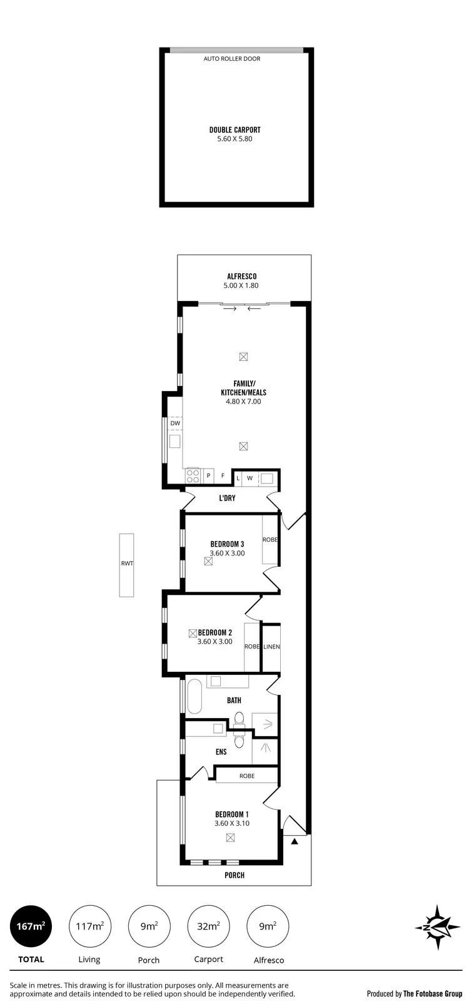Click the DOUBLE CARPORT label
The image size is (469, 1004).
coord(234,130)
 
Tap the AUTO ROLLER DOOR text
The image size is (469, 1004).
coord(232,59)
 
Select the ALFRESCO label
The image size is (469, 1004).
coord(241,276)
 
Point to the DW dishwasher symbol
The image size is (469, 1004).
coord(175,423)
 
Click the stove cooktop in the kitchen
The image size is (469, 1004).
coord(192,475)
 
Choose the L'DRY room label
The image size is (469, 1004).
coord(227,499)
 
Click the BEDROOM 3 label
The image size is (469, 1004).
coord(227,544)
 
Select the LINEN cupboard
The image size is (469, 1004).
coord(271,647)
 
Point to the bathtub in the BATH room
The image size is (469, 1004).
coord(194,697)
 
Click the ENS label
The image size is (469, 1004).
coord(221,752)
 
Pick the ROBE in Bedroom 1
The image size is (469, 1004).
coord(247,776)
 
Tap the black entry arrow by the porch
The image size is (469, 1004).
coord(295,842)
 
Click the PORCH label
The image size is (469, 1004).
coord(234,875)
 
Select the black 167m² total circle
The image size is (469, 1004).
coord(31,926)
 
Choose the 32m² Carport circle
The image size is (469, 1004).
coord(209,926)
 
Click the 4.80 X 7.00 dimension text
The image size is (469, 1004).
coord(243,402)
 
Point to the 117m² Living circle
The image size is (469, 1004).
coord(89,926)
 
